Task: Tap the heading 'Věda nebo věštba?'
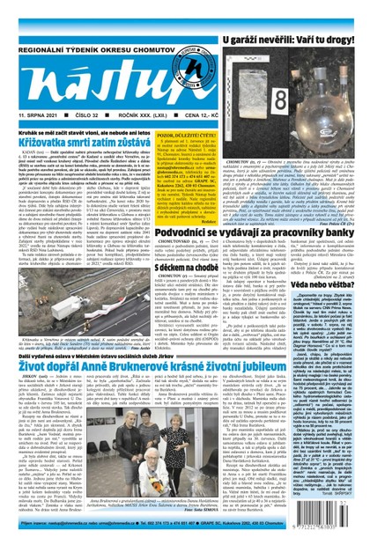click(x=330, y=285)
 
